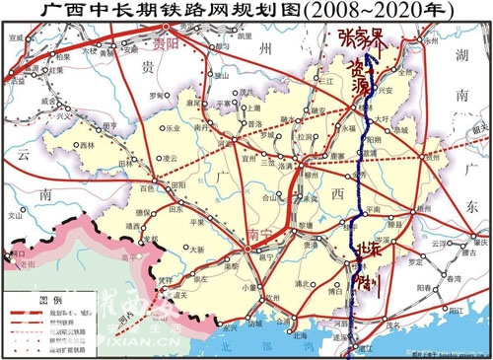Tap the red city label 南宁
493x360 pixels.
(x=260, y=234)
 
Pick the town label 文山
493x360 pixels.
(x=14, y=213)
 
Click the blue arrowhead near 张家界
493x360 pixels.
(x=369, y=61)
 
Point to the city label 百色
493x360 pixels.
(x=149, y=186)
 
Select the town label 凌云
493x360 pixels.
(x=170, y=157)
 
